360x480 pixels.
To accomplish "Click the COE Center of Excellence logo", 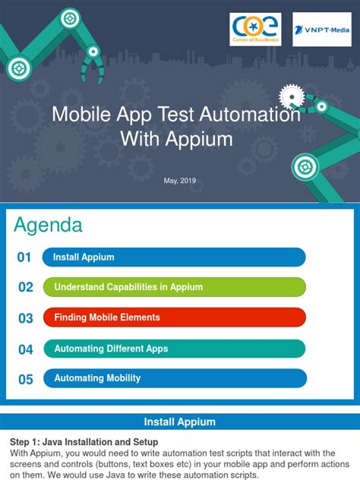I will coord(255,30).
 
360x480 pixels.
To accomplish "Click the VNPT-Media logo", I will coord(321,30).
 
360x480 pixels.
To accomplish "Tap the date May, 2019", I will coord(179,179).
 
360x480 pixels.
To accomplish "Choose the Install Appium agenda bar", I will coord(174,257).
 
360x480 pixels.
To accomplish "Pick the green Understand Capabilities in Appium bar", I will coord(174,287).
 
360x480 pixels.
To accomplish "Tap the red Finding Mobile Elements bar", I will coord(174,317).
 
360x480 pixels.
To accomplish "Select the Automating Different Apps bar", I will coord(174,349).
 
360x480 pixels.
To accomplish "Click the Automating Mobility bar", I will coord(174,378).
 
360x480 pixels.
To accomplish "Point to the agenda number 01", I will coord(25,257).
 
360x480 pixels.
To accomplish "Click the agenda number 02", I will coord(26,288).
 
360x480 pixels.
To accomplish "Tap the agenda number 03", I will coord(26,318).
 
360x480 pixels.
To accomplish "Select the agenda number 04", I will coord(26,349).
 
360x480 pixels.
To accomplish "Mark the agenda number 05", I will coord(26,379).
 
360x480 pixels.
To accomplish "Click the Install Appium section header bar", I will coord(180,422).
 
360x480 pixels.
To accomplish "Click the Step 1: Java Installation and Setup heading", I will coord(84,442).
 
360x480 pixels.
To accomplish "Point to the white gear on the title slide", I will coord(291,96).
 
